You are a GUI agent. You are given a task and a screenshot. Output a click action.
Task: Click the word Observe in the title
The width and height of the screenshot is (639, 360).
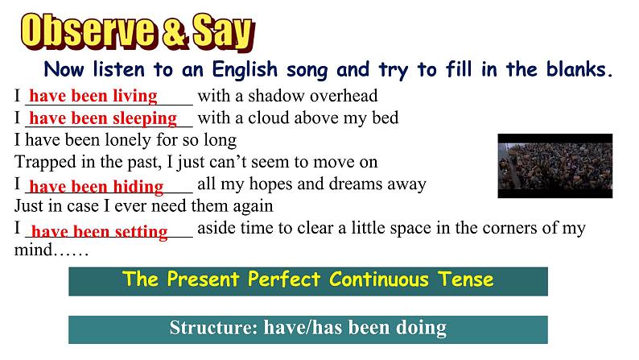88,31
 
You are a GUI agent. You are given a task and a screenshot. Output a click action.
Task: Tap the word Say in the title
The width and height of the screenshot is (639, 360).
223,32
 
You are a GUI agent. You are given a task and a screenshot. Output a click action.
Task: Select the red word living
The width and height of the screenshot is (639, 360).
135,96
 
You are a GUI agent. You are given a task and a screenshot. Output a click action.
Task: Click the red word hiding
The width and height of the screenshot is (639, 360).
138,186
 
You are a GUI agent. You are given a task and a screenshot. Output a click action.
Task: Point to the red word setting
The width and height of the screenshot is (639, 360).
141,232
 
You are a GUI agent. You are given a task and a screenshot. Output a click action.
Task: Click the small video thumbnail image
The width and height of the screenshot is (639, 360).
555,166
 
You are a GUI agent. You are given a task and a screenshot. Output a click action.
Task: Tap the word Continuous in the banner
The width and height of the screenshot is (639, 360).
378,279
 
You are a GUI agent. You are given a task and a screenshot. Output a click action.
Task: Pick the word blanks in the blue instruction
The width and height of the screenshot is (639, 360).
579,69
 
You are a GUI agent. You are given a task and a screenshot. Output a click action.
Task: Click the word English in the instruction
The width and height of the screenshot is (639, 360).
245,70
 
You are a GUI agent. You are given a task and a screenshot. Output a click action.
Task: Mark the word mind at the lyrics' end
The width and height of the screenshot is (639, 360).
34,250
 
